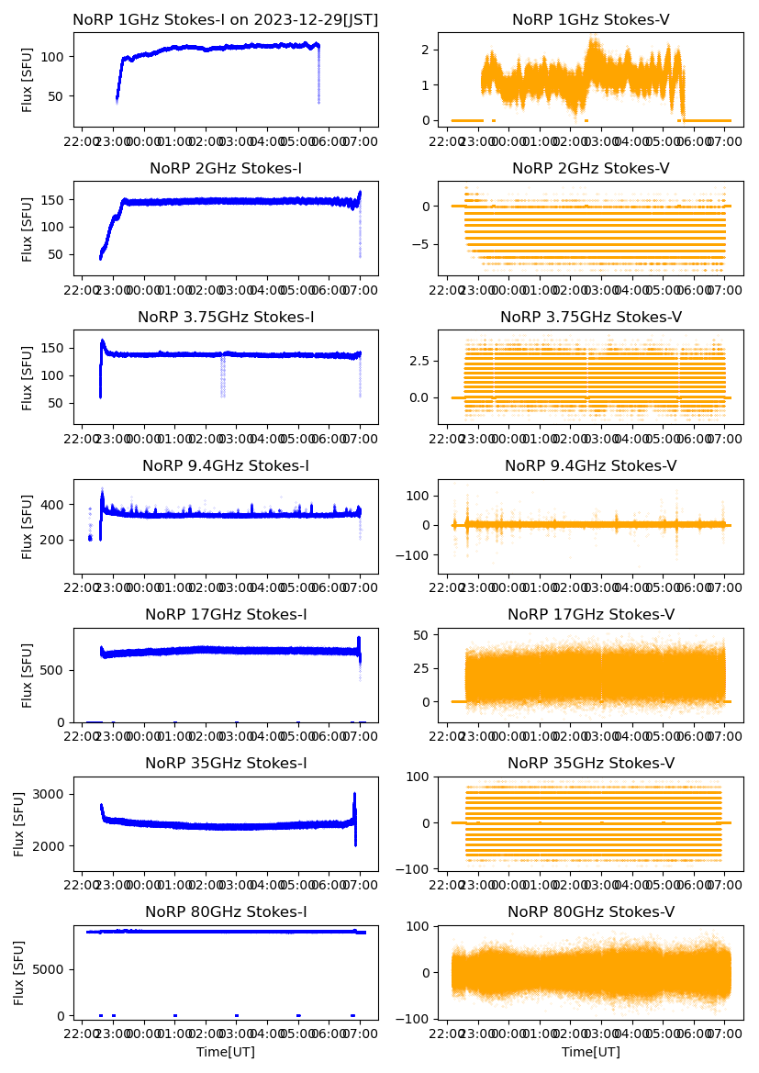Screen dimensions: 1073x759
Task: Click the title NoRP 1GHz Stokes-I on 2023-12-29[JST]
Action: (x=226, y=19)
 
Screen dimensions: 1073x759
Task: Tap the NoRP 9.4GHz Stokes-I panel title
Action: (x=226, y=466)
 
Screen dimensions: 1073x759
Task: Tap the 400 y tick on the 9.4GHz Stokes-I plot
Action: (x=59, y=505)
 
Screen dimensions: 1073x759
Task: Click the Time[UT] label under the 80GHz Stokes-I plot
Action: (x=226, y=1052)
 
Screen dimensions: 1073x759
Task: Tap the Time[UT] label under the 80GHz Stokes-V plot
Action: (x=591, y=1052)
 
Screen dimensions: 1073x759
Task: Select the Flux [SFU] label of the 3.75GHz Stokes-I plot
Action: (x=28, y=377)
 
